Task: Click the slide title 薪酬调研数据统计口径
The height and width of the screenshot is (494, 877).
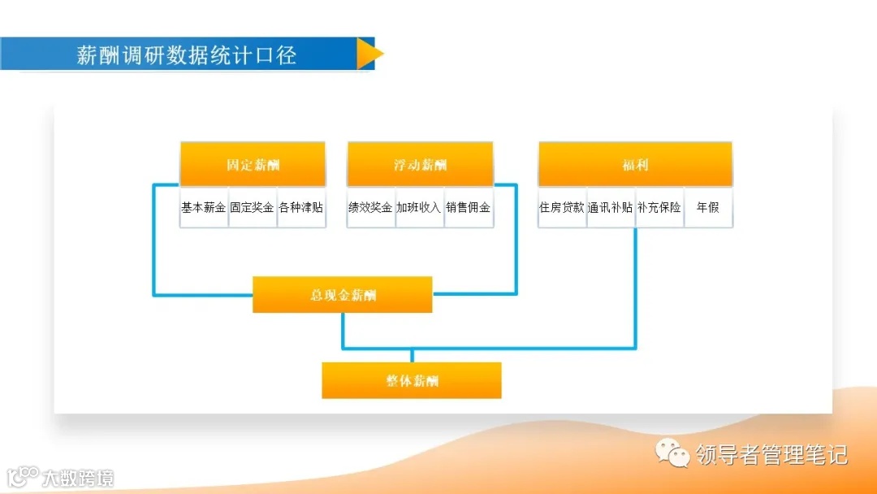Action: click(x=187, y=54)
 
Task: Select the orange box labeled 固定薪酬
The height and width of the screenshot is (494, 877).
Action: click(x=253, y=164)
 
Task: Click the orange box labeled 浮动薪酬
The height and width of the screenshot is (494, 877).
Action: click(x=420, y=164)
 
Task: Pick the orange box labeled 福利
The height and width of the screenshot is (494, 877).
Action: click(x=635, y=164)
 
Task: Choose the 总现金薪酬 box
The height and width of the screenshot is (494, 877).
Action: click(x=343, y=295)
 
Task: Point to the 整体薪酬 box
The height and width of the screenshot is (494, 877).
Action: click(x=412, y=380)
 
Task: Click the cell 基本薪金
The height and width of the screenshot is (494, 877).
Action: click(x=204, y=208)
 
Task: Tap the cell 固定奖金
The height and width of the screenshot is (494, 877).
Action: click(x=253, y=208)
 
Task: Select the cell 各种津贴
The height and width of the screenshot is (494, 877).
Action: click(x=301, y=208)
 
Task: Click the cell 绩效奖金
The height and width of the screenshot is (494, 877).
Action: click(x=371, y=208)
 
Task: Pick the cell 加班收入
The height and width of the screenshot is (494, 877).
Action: click(x=420, y=208)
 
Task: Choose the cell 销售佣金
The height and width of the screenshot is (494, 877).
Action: click(x=469, y=208)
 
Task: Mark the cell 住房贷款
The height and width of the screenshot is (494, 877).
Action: click(x=562, y=208)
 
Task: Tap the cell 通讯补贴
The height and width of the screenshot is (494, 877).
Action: click(x=611, y=208)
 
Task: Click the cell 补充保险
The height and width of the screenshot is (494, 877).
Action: click(x=659, y=208)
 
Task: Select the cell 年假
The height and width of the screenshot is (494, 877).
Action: click(x=708, y=208)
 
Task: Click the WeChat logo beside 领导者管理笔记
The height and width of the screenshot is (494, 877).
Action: click(x=673, y=453)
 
